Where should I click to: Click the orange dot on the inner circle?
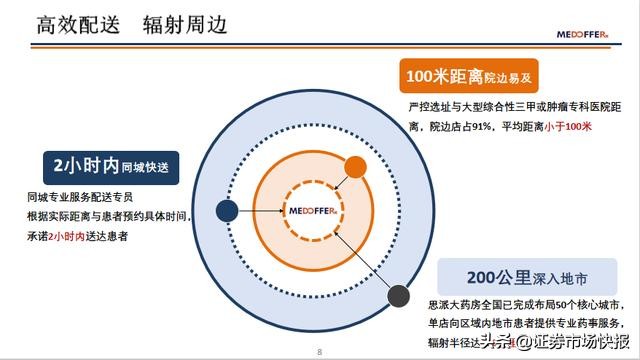354,167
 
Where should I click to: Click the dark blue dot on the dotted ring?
228,211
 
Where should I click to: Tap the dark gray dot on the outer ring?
399,295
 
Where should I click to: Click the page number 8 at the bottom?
319,351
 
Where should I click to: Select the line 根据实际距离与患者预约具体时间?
110,216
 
